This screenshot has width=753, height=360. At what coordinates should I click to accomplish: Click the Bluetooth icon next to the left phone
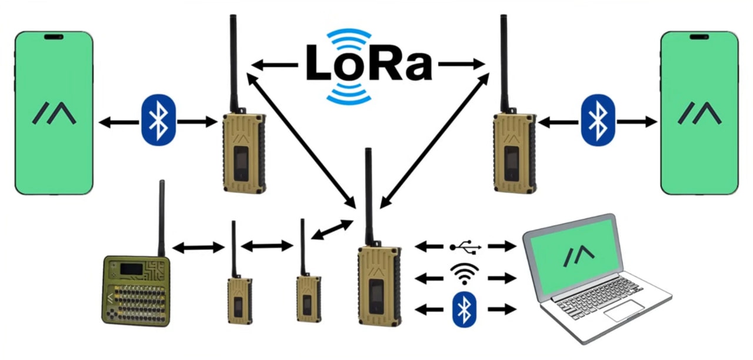[158, 121]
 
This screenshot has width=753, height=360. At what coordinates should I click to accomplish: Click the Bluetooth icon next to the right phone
[597, 121]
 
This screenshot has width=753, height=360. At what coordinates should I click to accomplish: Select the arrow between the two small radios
[267, 246]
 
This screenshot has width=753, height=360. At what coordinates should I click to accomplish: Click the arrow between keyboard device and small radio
[198, 248]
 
